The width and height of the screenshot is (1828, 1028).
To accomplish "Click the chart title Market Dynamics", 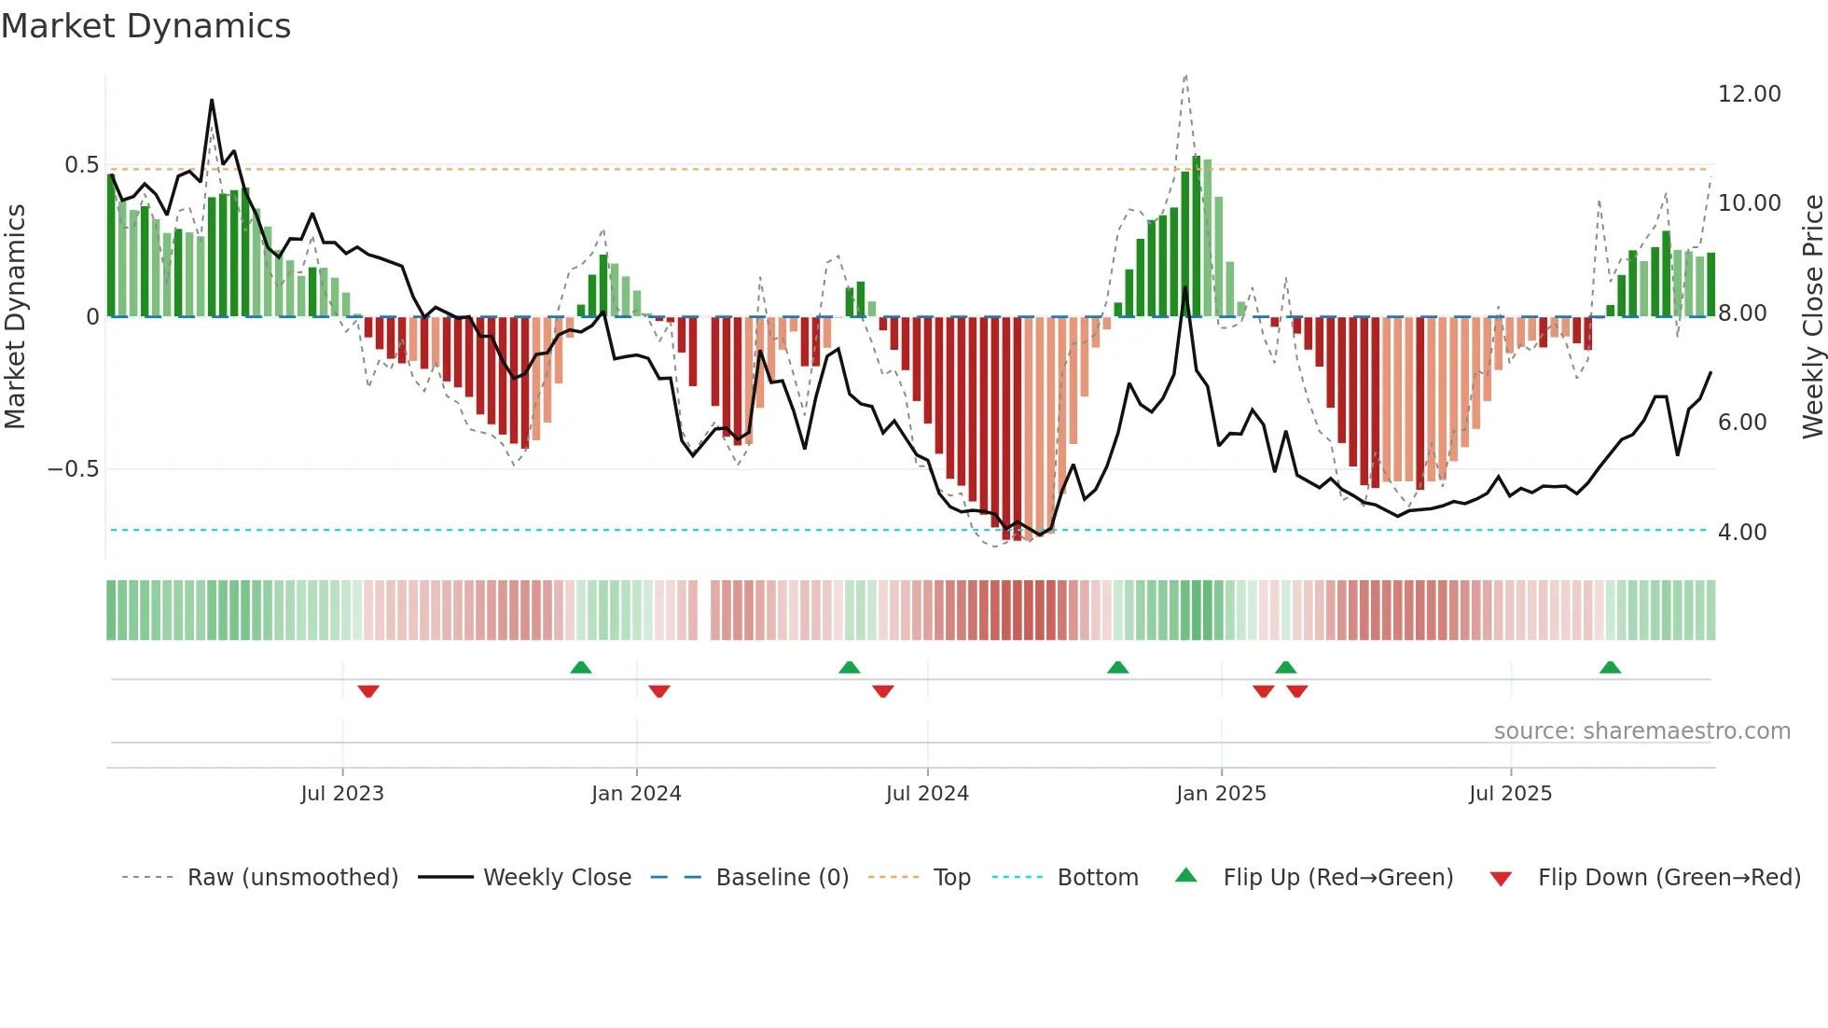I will point(145,26).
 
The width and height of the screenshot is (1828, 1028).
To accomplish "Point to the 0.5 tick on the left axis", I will point(81,165).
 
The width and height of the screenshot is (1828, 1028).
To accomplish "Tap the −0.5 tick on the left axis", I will point(73,468).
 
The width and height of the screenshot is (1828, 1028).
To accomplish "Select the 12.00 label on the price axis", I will point(1749,94).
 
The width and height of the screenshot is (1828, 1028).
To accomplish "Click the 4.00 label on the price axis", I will point(1741,533).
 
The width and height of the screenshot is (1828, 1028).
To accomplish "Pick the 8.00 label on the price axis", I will point(1742,313).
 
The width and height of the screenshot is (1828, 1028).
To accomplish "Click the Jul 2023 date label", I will point(341,794).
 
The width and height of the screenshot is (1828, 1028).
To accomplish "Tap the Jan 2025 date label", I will point(1220,794).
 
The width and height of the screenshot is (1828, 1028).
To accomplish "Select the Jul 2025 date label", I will point(1509,794).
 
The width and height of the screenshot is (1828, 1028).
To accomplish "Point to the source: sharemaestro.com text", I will point(1641,731).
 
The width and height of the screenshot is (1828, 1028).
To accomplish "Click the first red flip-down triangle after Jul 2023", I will point(368,691).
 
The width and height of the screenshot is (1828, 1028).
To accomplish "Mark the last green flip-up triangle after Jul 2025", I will point(1610,667).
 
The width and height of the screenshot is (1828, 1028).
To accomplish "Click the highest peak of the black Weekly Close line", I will point(212,101).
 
